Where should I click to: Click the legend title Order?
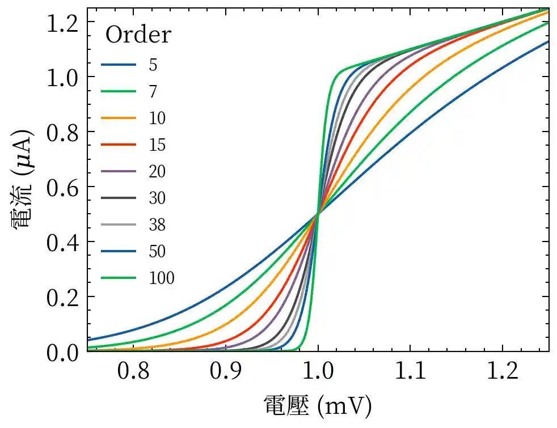[138, 35]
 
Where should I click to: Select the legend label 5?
[153, 65]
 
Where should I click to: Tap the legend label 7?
[153, 91]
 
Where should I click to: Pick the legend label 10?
[157, 118]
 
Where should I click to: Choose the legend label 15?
[157, 145]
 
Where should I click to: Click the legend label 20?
[157, 171]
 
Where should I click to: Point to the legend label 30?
[157, 198]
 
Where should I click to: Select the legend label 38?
[157, 224]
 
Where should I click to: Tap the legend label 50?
[157, 251]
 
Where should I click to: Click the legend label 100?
[162, 278]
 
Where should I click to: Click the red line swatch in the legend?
[119, 145]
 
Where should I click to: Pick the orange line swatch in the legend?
[119, 118]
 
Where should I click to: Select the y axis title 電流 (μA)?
[22, 179]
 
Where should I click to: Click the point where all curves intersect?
[318, 214]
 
